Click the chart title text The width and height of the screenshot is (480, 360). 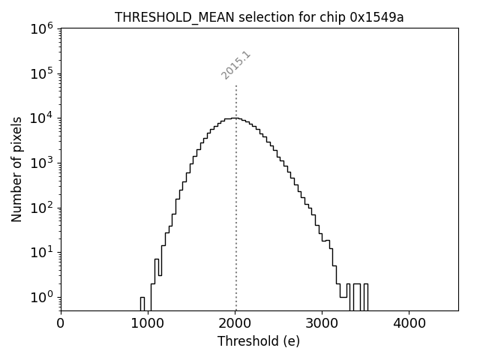click(259, 17)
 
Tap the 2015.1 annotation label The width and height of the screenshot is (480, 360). click(235, 65)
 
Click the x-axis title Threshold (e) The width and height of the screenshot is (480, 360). click(259, 341)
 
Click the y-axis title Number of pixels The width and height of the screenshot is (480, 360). click(17, 169)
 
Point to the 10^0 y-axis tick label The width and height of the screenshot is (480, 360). click(42, 297)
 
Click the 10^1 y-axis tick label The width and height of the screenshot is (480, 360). click(42, 252)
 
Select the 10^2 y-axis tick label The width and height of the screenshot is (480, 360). click(42, 208)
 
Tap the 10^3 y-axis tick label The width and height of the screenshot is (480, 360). click(42, 163)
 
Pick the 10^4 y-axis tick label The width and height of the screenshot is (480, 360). click(42, 118)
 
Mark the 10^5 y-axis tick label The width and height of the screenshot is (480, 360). click(42, 73)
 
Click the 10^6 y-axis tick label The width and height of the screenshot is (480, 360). click(42, 28)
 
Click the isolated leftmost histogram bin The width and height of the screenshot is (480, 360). click(142, 303)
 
